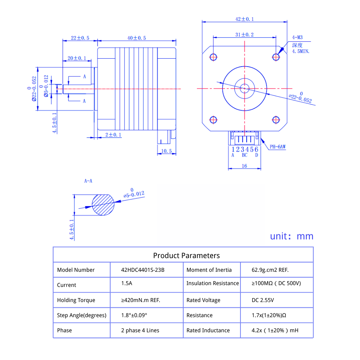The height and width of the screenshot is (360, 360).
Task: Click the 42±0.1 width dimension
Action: pyautogui.click(x=244, y=19)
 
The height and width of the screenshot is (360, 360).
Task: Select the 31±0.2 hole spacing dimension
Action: pyautogui.click(x=244, y=35)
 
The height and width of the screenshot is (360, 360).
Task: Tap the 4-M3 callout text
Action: pyautogui.click(x=297, y=37)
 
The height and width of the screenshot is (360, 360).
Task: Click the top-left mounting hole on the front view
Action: pyautogui.click(x=213, y=57)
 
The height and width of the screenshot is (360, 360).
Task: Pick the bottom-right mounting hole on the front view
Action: pyautogui.click(x=276, y=119)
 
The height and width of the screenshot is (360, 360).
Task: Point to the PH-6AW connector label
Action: pyautogui.click(x=278, y=147)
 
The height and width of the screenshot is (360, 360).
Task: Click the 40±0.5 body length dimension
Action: pyautogui.click(x=136, y=38)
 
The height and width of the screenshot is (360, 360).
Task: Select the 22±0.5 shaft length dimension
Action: pyautogui.click(x=80, y=38)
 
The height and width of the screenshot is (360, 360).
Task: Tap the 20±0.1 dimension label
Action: pyautogui.click(x=77, y=58)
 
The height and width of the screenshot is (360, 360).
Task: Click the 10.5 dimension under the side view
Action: pyautogui.click(x=166, y=151)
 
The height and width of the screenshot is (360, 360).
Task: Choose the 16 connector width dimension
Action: pyautogui.click(x=244, y=166)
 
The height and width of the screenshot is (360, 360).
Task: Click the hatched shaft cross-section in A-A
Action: pyautogui.click(x=103, y=205)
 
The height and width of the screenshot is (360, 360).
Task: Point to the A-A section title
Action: pyautogui.click(x=88, y=181)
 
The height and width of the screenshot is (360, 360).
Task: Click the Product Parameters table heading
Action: pyautogui.click(x=186, y=256)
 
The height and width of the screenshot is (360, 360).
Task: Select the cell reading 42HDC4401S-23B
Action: pyautogui.click(x=143, y=270)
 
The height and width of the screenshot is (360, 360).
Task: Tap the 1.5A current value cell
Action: pyautogui.click(x=127, y=283)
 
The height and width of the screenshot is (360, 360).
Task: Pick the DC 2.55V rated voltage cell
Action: pyautogui.click(x=262, y=300)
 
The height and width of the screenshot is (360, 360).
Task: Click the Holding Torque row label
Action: pyautogui.click(x=76, y=300)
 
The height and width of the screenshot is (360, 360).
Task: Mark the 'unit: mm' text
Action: pyautogui.click(x=292, y=236)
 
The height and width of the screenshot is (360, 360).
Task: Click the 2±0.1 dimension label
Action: pyautogui.click(x=113, y=135)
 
